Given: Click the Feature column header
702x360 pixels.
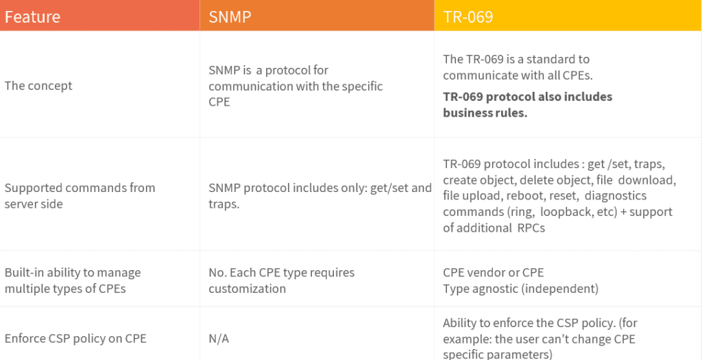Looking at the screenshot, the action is click(32, 16).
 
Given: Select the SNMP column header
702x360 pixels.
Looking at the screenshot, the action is click(230, 16).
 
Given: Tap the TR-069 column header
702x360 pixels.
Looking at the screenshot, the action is click(468, 16).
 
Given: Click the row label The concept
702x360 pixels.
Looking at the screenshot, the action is click(38, 86).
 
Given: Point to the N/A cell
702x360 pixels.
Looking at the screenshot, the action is click(219, 339).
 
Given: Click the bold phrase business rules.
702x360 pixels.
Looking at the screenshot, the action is click(485, 113).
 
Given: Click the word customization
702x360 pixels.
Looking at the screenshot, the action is click(247, 289).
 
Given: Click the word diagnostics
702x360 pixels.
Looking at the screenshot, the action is click(616, 196).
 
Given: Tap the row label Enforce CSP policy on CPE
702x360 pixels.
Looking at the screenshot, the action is click(75, 339).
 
